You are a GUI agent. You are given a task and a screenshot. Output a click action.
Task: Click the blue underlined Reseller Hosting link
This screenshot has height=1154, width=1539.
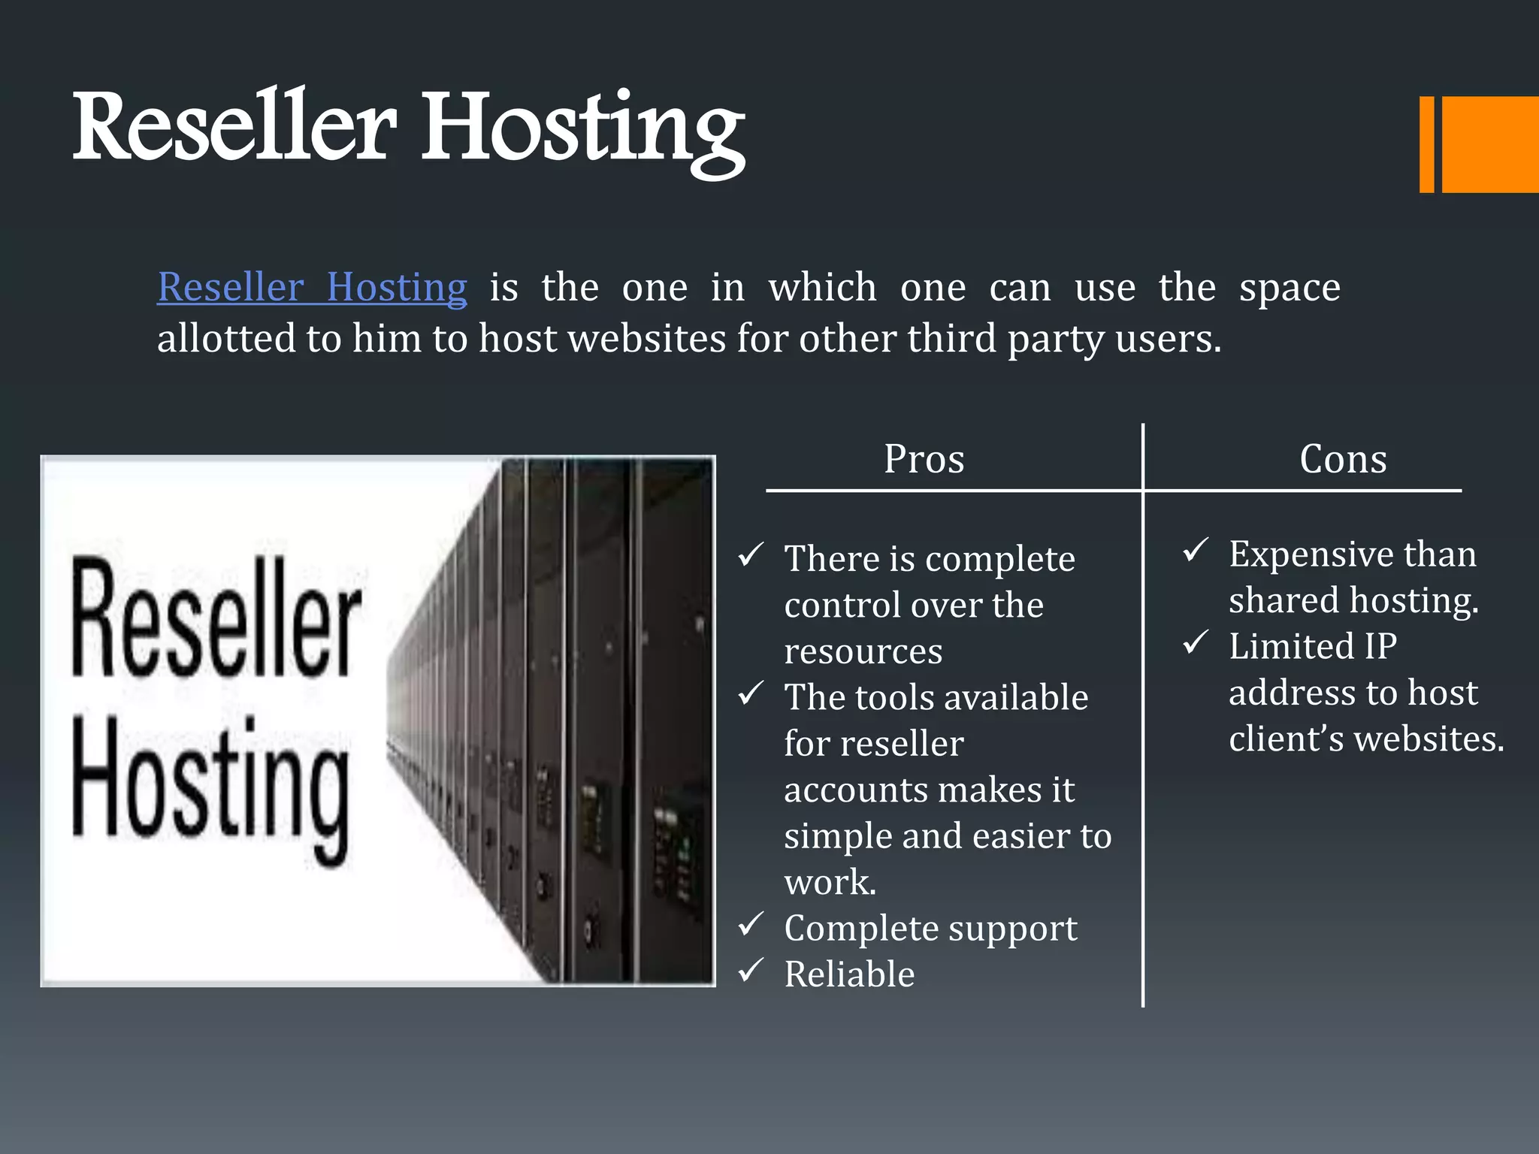[x=312, y=288]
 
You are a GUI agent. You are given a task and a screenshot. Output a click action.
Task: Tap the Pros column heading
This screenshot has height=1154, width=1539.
[x=924, y=459]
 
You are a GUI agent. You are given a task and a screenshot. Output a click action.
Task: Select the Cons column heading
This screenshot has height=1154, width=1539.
[x=1343, y=459]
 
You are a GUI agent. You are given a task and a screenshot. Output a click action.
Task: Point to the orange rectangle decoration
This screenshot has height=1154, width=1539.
[x=1489, y=144]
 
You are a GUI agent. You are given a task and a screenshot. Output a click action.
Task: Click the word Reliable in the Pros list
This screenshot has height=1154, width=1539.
[x=849, y=974]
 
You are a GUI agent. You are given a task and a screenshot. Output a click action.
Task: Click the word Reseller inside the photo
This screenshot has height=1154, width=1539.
[x=216, y=618]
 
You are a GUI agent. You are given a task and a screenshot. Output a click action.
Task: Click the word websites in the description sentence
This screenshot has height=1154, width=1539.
[x=646, y=339]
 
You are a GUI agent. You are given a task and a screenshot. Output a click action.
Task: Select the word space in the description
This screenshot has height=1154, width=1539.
[x=1290, y=288]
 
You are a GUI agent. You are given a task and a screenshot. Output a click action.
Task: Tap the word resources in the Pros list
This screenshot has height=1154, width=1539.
[x=863, y=651]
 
